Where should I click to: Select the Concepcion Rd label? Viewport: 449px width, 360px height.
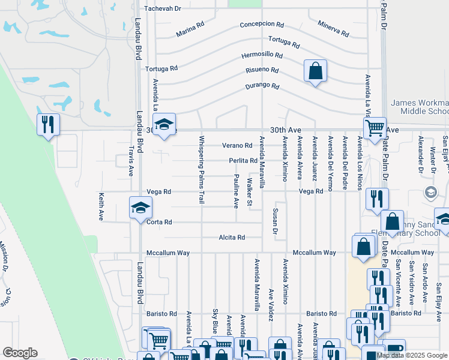pos(261,25)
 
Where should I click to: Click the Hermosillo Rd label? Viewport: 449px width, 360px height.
pos(262,55)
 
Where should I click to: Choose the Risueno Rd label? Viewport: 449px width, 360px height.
pos(262,70)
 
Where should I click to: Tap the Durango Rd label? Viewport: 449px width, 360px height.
pos(262,86)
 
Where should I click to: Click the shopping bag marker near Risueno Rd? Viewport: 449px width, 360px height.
pos(315,72)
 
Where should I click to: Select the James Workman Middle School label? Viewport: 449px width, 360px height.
pos(420,107)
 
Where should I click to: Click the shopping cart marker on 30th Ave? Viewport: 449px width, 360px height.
pos(375,127)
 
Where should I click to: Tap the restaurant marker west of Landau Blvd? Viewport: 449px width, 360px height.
pos(47,125)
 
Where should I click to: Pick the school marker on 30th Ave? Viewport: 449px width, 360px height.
pos(163,125)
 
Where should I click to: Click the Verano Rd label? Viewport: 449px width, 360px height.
pos(237,146)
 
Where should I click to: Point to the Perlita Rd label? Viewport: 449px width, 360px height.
pos(243,161)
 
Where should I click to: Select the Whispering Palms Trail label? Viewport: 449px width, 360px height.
pos(202,169)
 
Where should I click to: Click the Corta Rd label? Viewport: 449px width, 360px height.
pos(159,222)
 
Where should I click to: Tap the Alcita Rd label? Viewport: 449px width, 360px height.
pos(232,238)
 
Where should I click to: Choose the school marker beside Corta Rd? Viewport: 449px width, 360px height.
pos(140,208)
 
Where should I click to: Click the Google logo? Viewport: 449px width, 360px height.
pos(20,353)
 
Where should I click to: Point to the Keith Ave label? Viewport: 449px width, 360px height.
pos(101,206)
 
